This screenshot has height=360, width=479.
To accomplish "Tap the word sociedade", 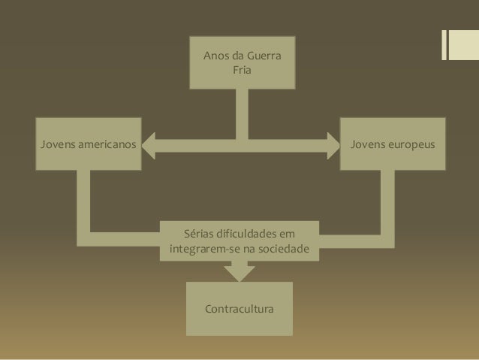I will (x=284, y=247).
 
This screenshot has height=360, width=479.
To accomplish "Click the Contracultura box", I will (x=239, y=309).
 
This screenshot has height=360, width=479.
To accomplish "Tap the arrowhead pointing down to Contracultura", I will (x=239, y=272).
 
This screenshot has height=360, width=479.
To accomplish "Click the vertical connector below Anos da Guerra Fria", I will (x=241, y=113).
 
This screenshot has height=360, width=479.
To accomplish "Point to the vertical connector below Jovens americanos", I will (x=89, y=199).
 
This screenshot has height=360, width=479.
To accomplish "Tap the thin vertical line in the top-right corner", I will (x=443, y=44).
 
